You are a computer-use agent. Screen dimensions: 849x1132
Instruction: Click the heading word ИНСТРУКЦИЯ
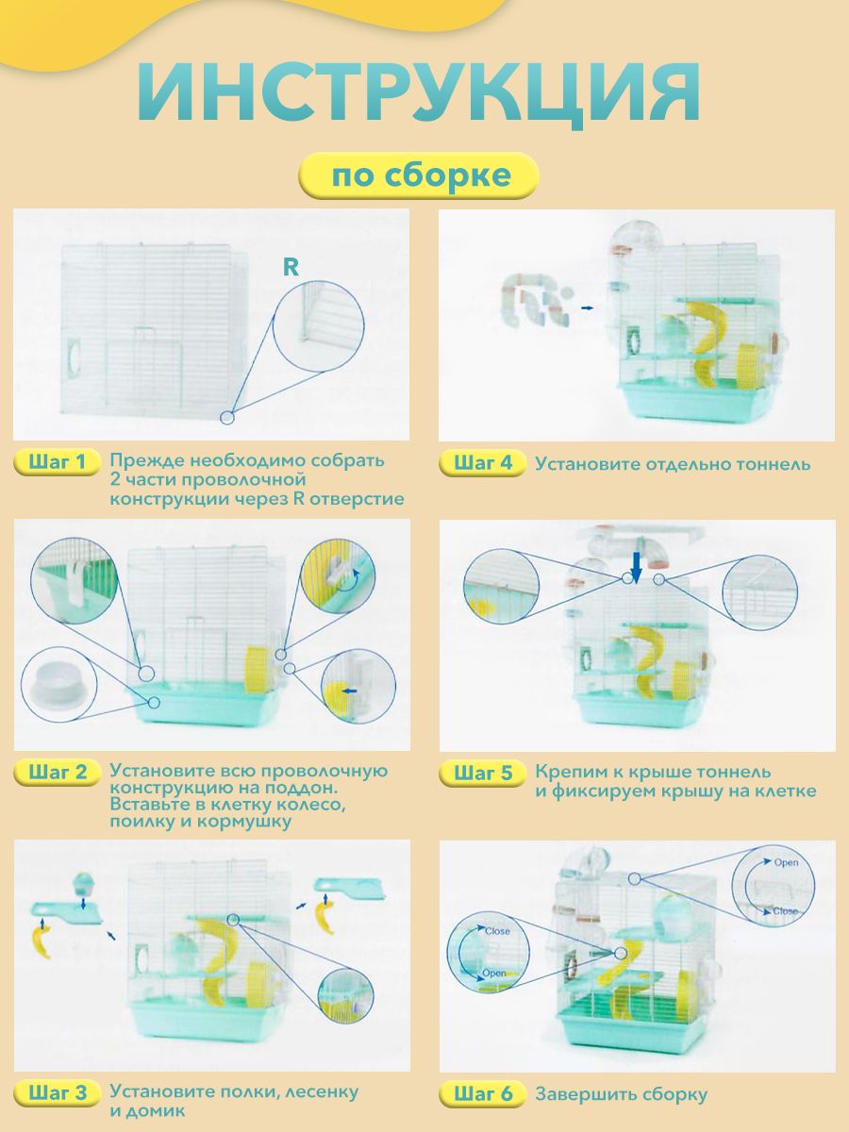pyautogui.click(x=419, y=92)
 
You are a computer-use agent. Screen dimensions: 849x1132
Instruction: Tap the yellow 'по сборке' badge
pyautogui.click(x=419, y=175)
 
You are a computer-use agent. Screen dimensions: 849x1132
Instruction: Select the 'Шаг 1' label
pyautogui.click(x=57, y=461)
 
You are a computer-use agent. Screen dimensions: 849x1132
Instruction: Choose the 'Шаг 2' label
pyautogui.click(x=57, y=772)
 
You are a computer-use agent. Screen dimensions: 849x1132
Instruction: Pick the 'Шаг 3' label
pyautogui.click(x=57, y=1092)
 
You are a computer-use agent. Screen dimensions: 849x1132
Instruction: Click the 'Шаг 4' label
pyautogui.click(x=482, y=462)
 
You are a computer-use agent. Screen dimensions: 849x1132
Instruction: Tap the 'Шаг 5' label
pyautogui.click(x=482, y=773)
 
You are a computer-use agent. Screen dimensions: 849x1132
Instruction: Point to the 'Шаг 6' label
pyautogui.click(x=482, y=1093)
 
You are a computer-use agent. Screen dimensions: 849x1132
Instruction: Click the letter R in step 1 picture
pyautogui.click(x=291, y=267)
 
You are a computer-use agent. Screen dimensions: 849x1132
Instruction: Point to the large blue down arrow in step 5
pyautogui.click(x=637, y=568)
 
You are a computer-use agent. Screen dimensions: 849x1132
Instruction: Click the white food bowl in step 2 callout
pyautogui.click(x=58, y=683)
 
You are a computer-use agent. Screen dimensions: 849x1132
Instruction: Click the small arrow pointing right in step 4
pyautogui.click(x=587, y=308)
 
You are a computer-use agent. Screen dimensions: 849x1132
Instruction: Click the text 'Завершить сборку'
pyautogui.click(x=621, y=1094)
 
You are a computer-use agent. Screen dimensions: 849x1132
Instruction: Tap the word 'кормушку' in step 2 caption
pyautogui.click(x=245, y=821)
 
